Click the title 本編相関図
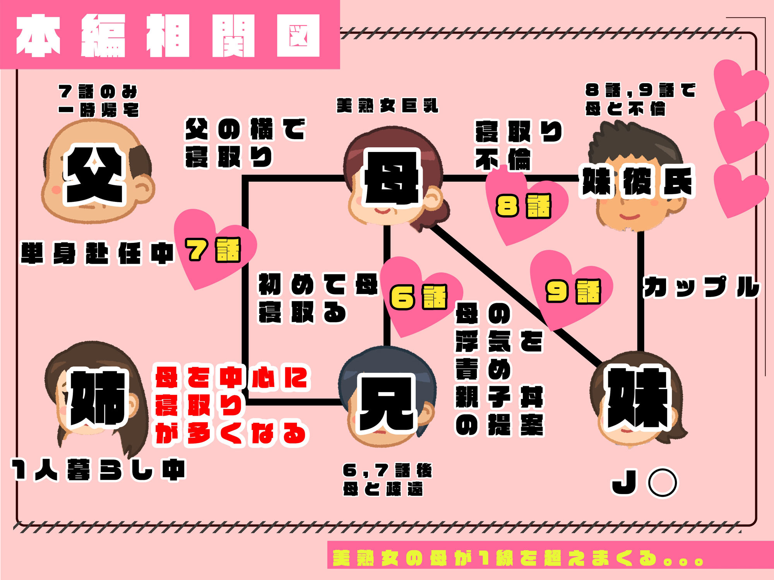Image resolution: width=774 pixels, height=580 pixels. (168, 36)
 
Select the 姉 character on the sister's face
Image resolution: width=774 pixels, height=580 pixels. (98, 398)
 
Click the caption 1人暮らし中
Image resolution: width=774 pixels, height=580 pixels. (99, 470)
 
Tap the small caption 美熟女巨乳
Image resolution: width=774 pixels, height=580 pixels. (387, 106)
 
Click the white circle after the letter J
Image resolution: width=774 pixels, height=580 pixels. (663, 482)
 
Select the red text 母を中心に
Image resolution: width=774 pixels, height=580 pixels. (231, 377)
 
